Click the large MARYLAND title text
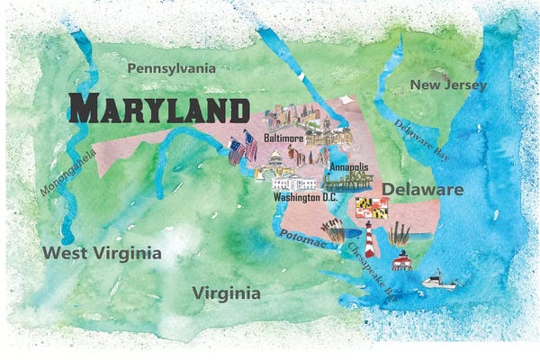(x=159, y=110)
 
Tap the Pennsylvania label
(x=171, y=68)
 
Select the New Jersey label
(x=448, y=85)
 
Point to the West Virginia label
(x=102, y=253)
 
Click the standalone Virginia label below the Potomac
(x=227, y=293)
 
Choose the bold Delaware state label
(x=423, y=190)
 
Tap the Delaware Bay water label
(x=418, y=139)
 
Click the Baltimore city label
(x=284, y=139)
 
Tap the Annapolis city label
(x=347, y=167)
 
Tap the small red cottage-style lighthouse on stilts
(x=401, y=262)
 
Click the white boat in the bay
(x=439, y=280)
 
